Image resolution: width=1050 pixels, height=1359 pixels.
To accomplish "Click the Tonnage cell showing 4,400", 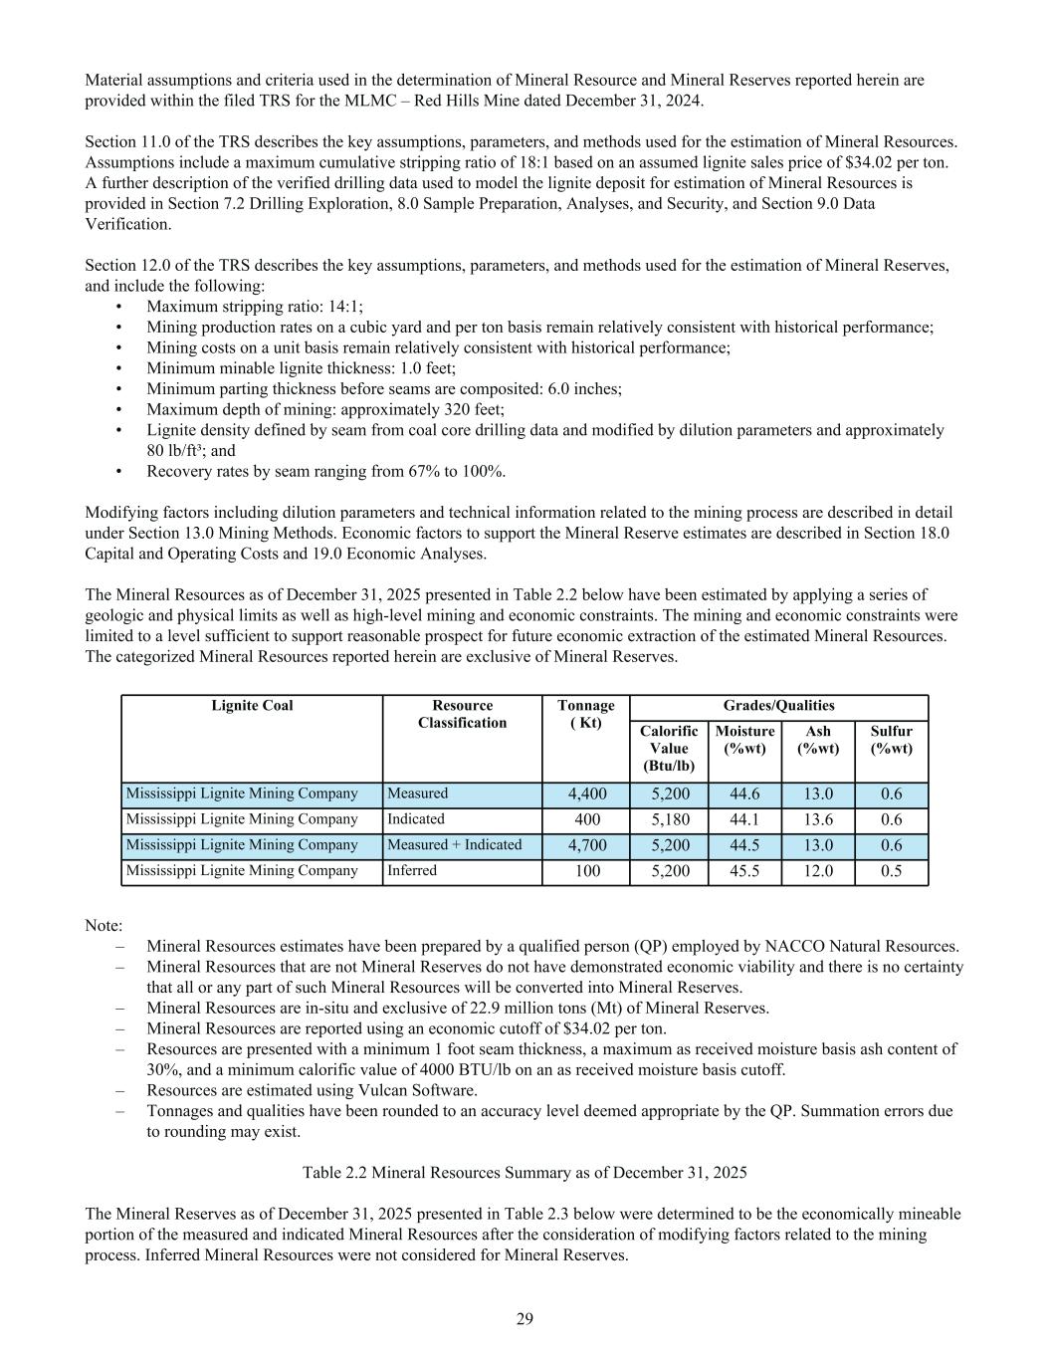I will coord(586,794).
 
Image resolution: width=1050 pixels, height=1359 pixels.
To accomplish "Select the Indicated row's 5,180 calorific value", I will coord(669,819).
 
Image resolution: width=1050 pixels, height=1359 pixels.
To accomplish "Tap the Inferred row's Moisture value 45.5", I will coord(744,871).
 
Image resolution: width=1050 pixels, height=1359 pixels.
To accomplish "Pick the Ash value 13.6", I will coord(818,819).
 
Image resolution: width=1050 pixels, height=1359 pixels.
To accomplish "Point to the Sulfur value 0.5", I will coord(891,871).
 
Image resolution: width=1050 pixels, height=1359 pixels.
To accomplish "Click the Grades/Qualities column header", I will coord(778,706).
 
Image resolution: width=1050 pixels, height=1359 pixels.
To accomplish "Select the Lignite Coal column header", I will coord(252,706).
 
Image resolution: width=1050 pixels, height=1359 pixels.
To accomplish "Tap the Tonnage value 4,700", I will coord(586,845).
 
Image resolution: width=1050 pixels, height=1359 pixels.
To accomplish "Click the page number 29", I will coord(525,1319).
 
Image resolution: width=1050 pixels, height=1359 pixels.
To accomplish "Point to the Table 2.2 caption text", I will coord(525,1173).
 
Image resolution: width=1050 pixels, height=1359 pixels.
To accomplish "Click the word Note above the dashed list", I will coord(103,926).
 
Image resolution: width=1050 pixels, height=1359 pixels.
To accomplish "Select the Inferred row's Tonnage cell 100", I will coord(586,871).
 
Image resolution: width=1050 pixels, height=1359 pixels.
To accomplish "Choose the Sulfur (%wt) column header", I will coord(891,739).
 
